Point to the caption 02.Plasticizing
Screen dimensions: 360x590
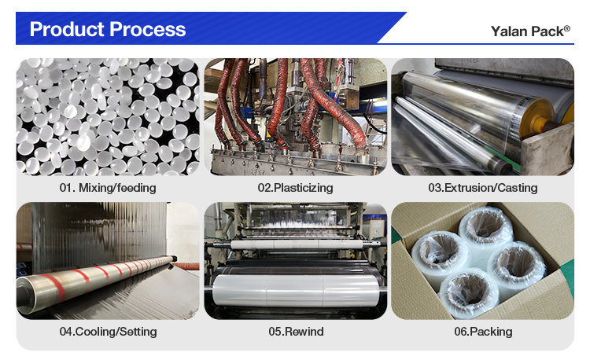(x=295, y=188)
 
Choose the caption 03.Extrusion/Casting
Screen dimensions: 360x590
(x=482, y=188)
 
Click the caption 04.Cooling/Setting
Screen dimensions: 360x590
(x=108, y=331)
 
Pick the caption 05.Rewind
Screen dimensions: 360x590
(x=295, y=331)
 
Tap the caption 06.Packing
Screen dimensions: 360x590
(x=482, y=331)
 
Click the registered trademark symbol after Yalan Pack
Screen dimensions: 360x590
(x=566, y=28)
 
